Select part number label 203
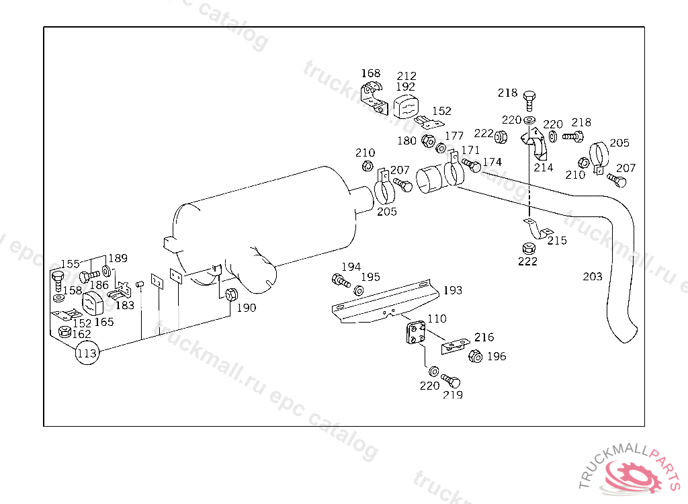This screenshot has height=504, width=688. coord(593,276)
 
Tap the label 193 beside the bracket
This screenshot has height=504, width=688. coord(453,290)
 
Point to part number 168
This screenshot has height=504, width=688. coord(370,73)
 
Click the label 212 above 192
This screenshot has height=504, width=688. coord(406,76)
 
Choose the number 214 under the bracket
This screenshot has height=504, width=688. coord(544,167)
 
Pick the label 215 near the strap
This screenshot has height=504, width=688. coord(557,240)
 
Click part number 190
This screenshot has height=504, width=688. coord(247,308)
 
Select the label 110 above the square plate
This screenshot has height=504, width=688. coord(437,319)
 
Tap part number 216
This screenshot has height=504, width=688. coord(484,337)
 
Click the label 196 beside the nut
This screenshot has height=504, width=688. coord(497,356)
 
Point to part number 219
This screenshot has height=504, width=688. coord(453,395)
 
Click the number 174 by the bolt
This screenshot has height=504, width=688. coord(492,162)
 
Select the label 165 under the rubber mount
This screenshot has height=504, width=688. coord(103,322)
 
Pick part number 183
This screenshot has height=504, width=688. coord(125,305)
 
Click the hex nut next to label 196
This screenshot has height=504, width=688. coord(474,356)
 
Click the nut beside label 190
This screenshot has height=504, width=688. coord(230,294)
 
